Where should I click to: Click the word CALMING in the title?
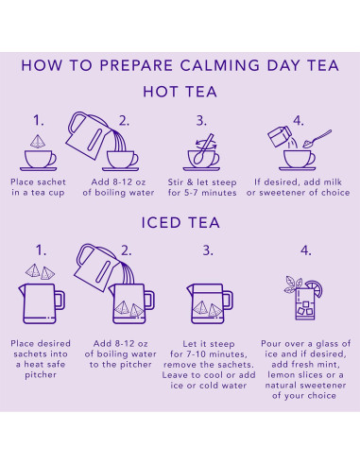tap(220, 65)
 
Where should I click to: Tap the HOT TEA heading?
tap(180, 92)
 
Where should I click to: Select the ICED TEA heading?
tap(180, 223)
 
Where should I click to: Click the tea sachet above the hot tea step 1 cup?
tap(38, 142)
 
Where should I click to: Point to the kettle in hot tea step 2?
tap(87, 135)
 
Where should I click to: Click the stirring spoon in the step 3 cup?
tap(204, 149)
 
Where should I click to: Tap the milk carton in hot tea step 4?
tap(280, 136)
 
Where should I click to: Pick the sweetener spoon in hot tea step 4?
tap(317, 139)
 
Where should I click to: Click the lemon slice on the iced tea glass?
tap(316, 288)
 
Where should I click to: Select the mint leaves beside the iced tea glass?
tap(292, 284)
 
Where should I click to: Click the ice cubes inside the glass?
tap(305, 309)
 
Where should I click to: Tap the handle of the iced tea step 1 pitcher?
tap(60, 301)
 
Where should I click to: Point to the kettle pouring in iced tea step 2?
tap(96, 267)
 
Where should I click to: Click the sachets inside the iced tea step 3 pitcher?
tap(207, 309)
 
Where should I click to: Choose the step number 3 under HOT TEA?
tap(201, 121)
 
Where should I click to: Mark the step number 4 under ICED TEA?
tap(306, 250)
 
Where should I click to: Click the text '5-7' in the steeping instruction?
tap(190, 193)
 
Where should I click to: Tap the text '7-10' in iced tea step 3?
tap(195, 354)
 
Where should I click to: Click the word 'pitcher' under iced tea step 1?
tap(41, 375)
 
